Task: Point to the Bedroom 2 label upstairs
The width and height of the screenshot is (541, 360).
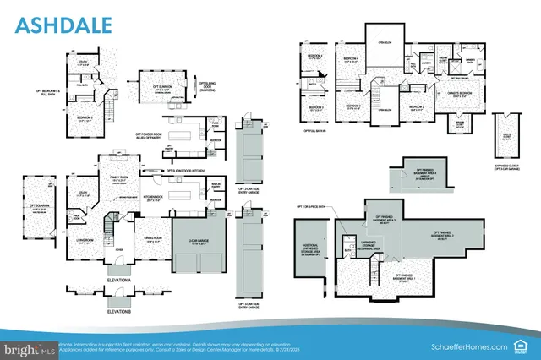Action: point(416,107)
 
